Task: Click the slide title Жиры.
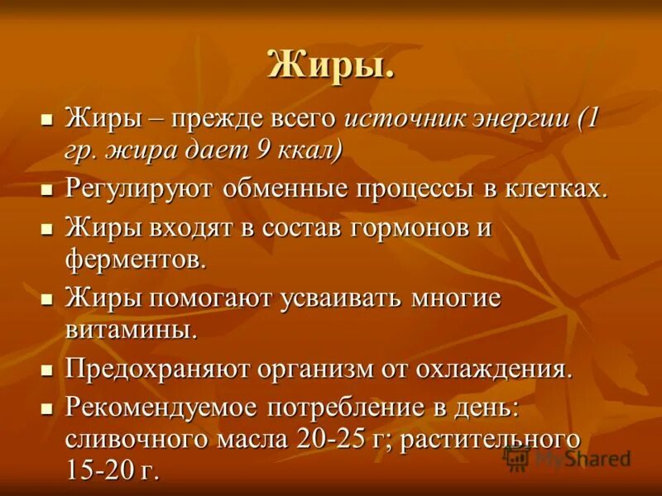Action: tap(330, 65)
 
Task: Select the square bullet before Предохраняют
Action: tap(47, 368)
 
